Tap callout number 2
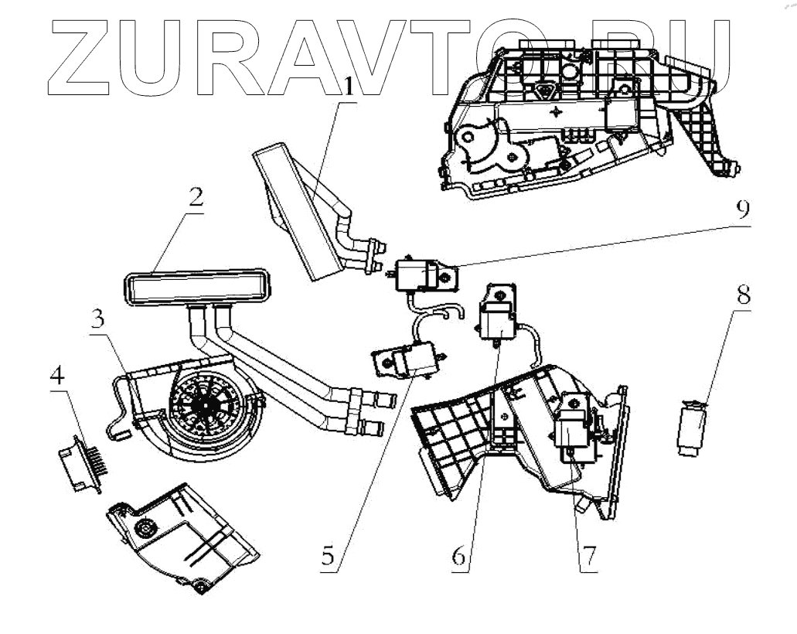click(195, 199)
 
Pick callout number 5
click(330, 557)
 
